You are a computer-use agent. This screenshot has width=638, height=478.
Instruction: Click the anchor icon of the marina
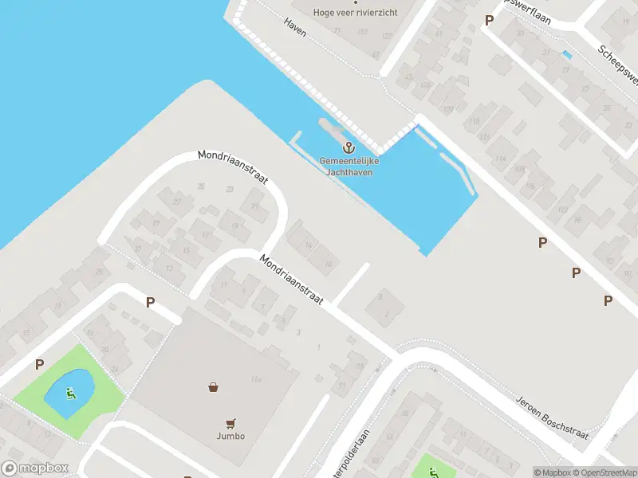(x=349, y=147)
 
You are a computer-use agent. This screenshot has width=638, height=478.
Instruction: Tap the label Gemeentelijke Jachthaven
(x=349, y=166)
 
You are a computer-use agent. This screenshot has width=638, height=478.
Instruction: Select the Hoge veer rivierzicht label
(x=356, y=12)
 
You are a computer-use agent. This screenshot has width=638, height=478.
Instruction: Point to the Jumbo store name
(x=230, y=436)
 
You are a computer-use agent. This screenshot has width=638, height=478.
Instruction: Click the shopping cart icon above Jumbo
(x=230, y=423)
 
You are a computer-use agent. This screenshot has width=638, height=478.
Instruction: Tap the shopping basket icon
(x=214, y=388)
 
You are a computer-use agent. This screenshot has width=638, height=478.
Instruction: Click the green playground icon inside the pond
(x=70, y=392)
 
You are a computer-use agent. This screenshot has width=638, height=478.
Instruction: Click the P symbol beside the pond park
(x=38, y=365)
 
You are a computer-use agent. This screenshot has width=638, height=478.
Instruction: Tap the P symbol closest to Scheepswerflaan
(x=489, y=20)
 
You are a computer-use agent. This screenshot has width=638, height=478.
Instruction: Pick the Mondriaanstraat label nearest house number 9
(x=290, y=279)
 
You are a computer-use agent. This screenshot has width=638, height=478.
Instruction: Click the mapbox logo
(x=33, y=468)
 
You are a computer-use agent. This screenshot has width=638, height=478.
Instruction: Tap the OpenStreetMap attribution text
(x=604, y=472)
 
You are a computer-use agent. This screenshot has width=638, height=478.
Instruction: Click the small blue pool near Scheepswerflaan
(x=567, y=55)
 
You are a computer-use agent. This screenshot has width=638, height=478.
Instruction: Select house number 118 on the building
(x=475, y=121)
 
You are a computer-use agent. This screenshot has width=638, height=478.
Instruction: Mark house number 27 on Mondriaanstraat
(x=177, y=202)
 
